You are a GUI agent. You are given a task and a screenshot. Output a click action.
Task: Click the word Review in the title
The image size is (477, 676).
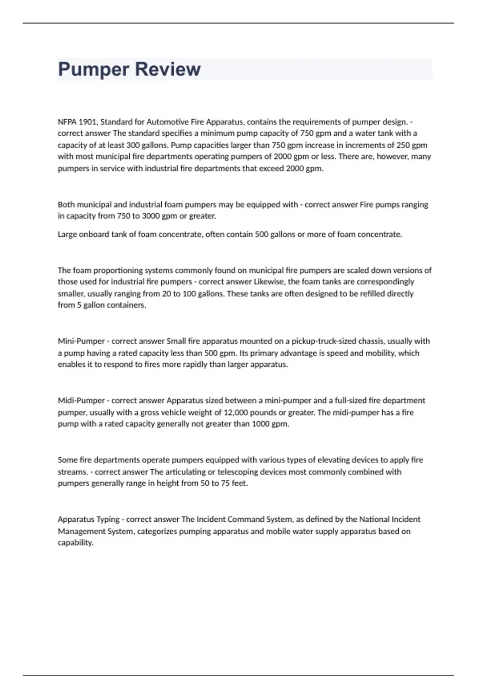[168, 69]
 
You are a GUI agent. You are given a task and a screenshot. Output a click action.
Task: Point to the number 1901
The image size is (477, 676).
[88, 122]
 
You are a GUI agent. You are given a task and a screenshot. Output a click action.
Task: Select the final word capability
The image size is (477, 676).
[76, 543]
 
